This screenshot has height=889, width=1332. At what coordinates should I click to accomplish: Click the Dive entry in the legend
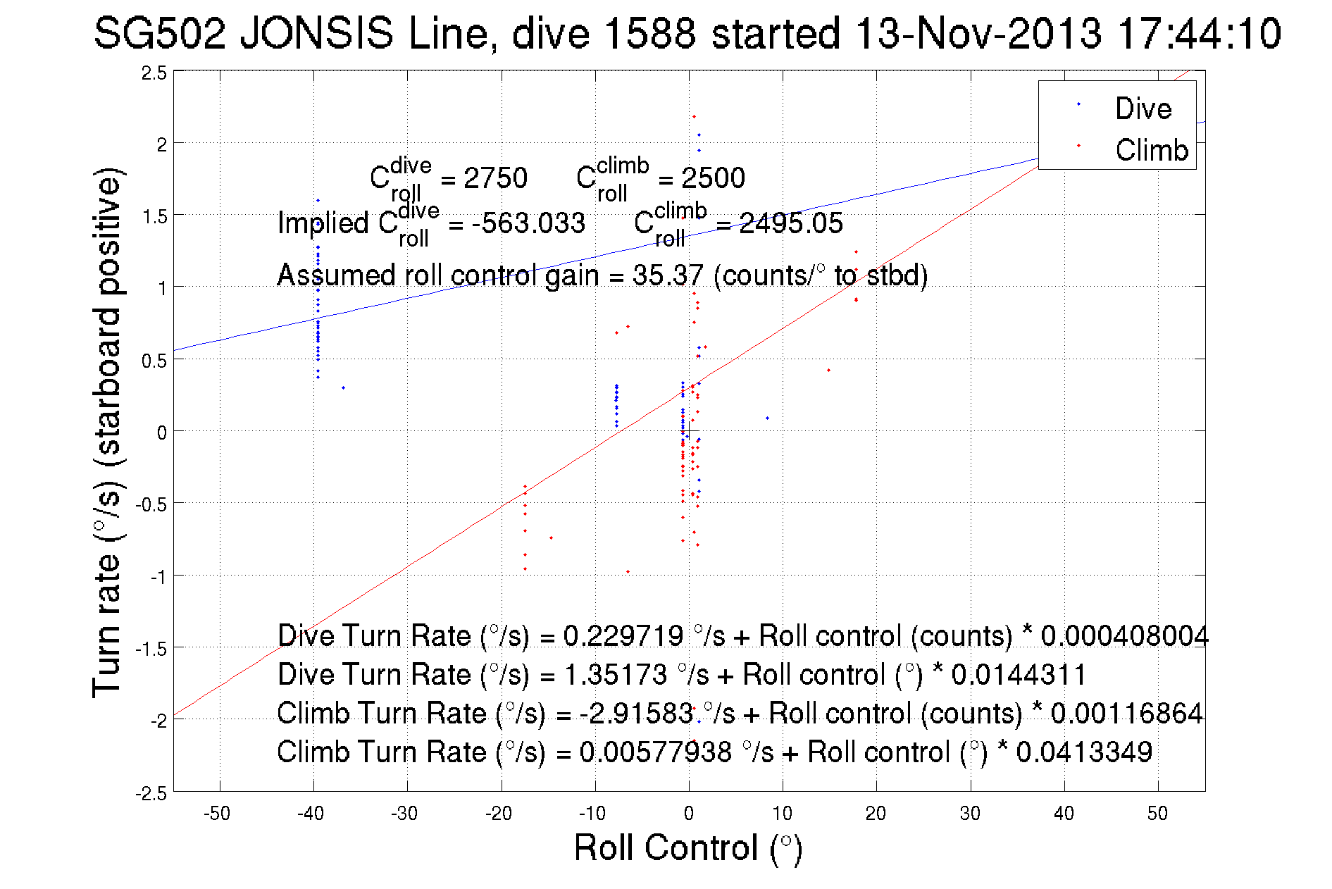pos(1143,108)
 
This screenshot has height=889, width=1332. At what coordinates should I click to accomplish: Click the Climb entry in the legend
pos(1151,150)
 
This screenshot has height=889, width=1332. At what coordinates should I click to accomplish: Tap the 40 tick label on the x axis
pos(1064,814)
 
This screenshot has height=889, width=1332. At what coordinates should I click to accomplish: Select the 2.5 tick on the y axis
pos(154,73)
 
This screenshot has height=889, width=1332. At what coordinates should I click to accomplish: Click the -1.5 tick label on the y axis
pos(152,649)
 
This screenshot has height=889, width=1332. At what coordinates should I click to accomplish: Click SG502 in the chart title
pos(159,33)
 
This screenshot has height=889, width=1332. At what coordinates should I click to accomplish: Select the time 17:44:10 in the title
pos(1199,33)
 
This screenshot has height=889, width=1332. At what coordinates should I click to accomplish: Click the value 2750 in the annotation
pos(495,178)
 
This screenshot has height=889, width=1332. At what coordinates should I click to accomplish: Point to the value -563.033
pos(528,223)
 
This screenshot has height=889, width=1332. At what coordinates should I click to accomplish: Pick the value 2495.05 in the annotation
pos(790,223)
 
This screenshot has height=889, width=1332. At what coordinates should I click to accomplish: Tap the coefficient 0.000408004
pos(1124,636)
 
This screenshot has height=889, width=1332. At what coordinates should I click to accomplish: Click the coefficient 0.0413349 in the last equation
pos(1083,752)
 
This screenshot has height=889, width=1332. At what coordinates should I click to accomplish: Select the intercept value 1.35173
pos(616,675)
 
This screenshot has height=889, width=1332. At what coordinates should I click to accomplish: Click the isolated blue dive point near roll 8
pos(767,418)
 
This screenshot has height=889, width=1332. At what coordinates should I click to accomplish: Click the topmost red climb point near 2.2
pos(694,117)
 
